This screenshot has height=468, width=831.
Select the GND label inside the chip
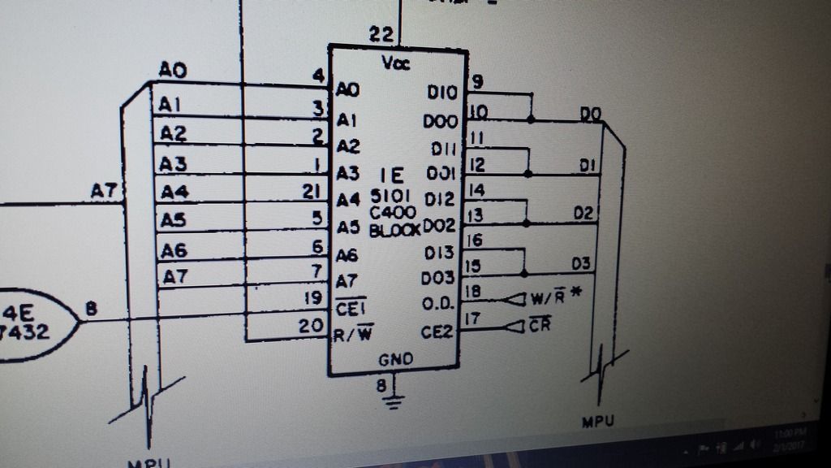click(x=396, y=359)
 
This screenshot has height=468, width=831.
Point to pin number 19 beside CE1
click(x=312, y=298)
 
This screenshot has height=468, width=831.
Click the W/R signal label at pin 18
click(x=546, y=299)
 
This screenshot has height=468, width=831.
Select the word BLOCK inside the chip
click(x=395, y=230)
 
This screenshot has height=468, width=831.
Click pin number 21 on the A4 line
click(x=311, y=192)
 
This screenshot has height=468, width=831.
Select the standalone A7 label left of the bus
click(x=104, y=191)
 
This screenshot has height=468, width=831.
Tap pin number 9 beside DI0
click(x=476, y=81)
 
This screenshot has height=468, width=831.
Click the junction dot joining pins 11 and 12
click(x=528, y=174)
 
